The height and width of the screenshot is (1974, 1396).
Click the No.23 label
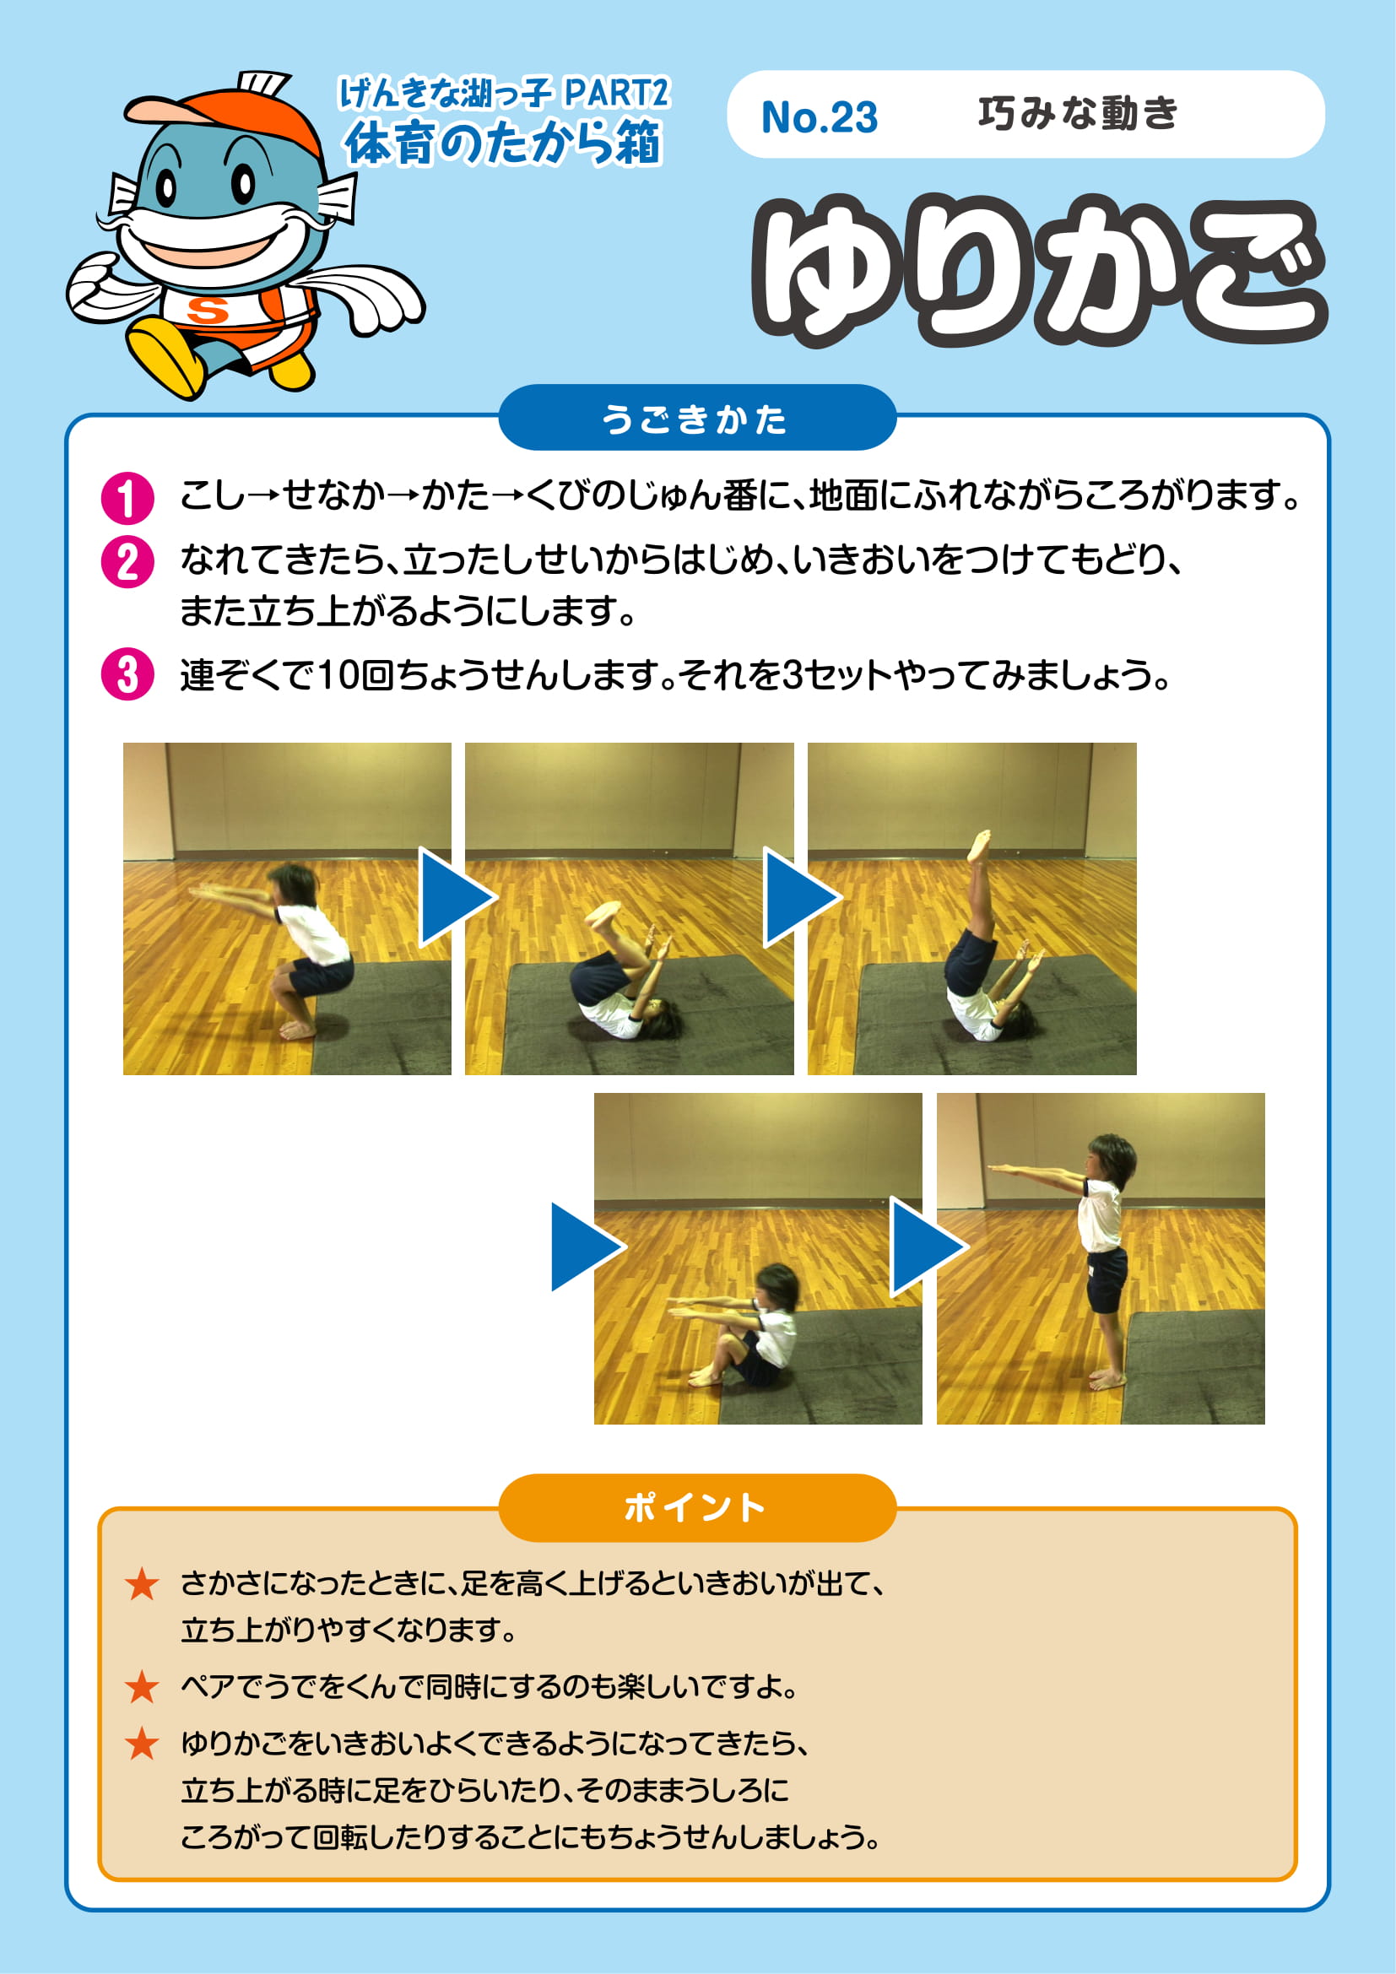(x=820, y=118)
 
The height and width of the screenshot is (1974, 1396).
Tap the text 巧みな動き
(x=1078, y=113)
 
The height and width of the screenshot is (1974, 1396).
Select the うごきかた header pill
(x=697, y=418)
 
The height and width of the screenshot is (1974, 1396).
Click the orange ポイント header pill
(x=697, y=1508)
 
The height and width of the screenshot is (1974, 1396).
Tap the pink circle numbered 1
(x=127, y=498)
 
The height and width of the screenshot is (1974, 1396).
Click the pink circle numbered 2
(x=127, y=562)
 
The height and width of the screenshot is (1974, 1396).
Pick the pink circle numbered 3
(x=127, y=674)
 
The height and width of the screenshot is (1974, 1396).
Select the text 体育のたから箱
(x=503, y=142)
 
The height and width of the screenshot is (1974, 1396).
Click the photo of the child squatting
(x=287, y=909)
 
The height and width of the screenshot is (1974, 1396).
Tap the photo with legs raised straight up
(x=972, y=909)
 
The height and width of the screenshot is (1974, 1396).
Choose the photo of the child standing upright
(x=1101, y=1258)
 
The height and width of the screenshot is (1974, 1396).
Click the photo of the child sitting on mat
(x=758, y=1258)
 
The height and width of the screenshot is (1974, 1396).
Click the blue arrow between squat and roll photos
(x=454, y=898)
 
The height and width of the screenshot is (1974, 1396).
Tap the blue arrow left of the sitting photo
(x=587, y=1247)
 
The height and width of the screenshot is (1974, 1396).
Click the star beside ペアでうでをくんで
(x=142, y=1687)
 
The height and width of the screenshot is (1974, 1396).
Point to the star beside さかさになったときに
(x=142, y=1583)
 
